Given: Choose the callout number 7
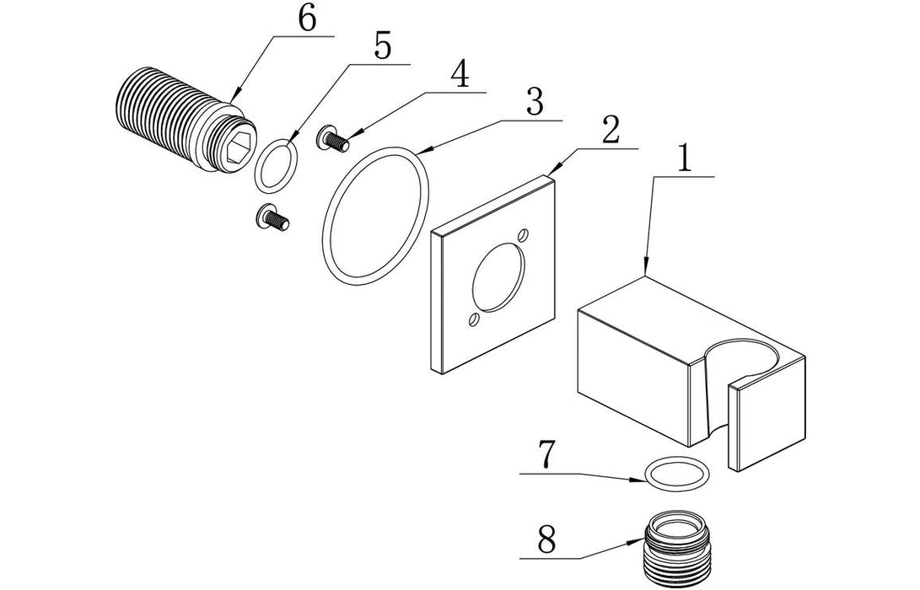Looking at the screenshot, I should pyautogui.click(x=546, y=455).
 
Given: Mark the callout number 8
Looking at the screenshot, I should pyautogui.click(x=546, y=539).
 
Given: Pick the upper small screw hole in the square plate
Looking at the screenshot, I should pyautogui.click(x=524, y=234).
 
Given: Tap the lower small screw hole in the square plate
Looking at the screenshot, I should pyautogui.click(x=473, y=319).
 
